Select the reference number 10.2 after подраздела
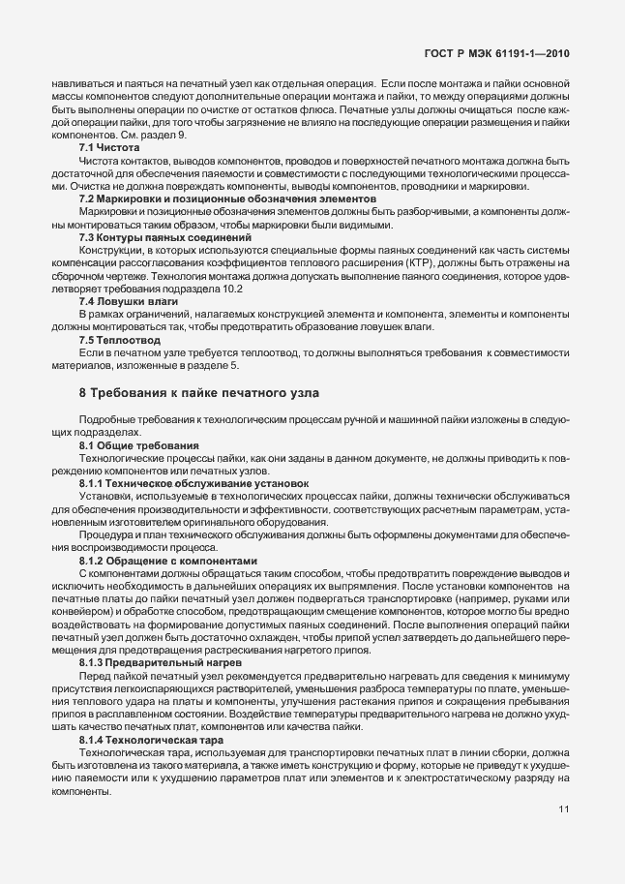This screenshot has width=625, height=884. coord(221,290)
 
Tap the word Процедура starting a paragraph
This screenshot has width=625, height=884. coord(104,533)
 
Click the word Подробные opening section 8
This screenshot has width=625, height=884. coord(104,417)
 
